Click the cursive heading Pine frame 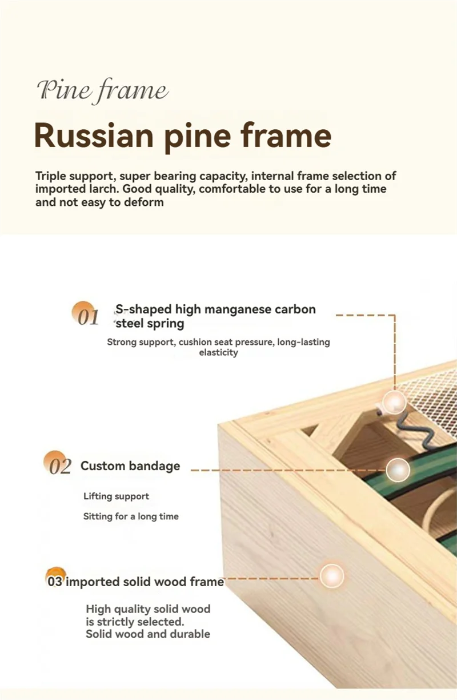click(103, 91)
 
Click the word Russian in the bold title click(94, 136)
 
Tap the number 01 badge click(85, 313)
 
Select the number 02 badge click(57, 463)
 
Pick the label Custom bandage click(130, 466)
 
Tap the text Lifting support click(116, 496)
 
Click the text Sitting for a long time click(131, 516)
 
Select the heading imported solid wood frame click(145, 582)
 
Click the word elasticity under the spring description click(219, 352)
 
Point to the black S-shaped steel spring click(409, 429)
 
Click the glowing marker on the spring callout click(395, 403)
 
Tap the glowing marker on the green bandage click(398, 470)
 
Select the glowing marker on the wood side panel click(332, 576)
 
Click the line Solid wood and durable click(148, 634)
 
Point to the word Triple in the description click(51, 176)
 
